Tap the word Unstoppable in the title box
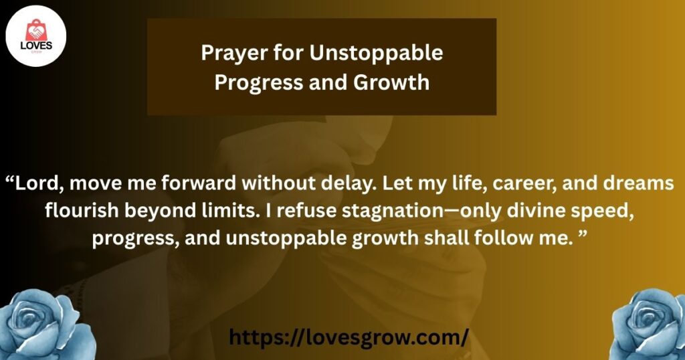click(376, 54)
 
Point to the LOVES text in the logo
click(36, 46)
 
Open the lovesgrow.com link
click(349, 337)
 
